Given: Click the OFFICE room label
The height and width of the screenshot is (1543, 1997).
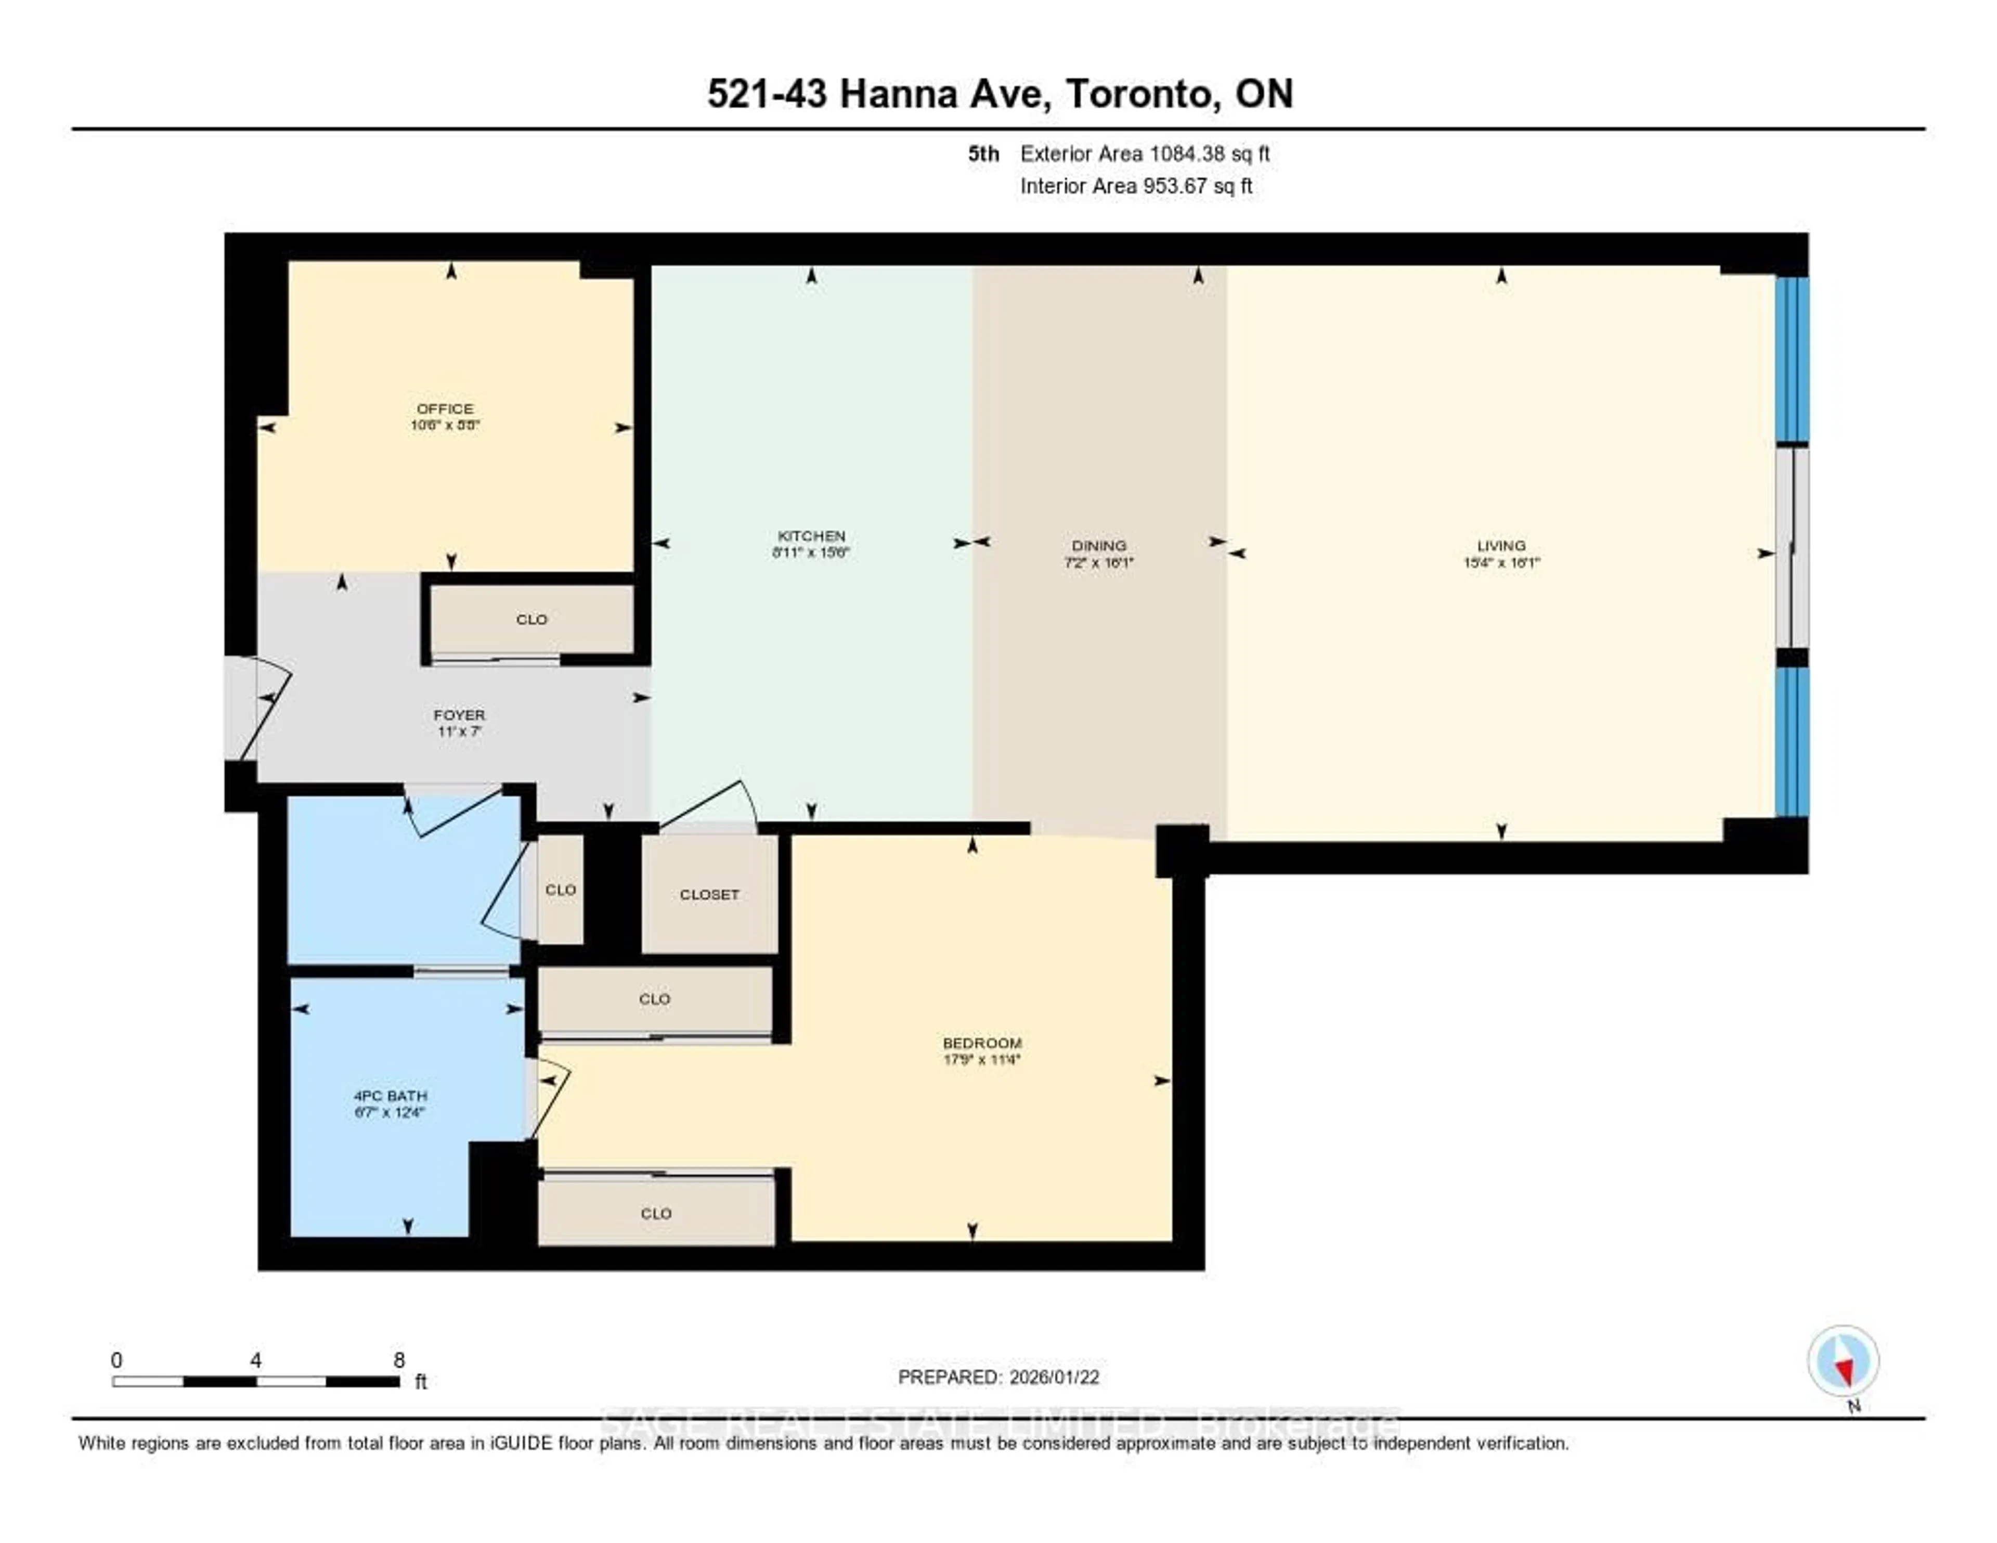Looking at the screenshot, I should click(x=445, y=409).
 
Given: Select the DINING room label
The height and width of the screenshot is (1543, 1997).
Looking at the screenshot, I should click(x=1099, y=545).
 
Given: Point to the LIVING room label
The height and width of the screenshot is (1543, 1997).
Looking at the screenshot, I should click(x=1500, y=545).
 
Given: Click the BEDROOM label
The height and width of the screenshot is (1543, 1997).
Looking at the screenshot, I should click(x=982, y=1043).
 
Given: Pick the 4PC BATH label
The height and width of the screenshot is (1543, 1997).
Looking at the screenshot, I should click(x=391, y=1096).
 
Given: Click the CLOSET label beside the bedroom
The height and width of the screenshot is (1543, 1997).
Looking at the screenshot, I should click(x=709, y=894).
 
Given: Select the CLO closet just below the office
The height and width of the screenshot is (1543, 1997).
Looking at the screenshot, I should click(x=531, y=619).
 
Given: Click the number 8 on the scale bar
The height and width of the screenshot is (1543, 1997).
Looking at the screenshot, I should click(x=399, y=1360).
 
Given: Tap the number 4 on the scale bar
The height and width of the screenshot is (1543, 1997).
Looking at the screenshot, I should click(x=256, y=1360).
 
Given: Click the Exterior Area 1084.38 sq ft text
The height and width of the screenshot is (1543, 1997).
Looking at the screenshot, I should click(x=1144, y=153).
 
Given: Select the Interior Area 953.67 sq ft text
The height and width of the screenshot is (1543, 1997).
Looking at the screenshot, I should click(x=1136, y=186).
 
